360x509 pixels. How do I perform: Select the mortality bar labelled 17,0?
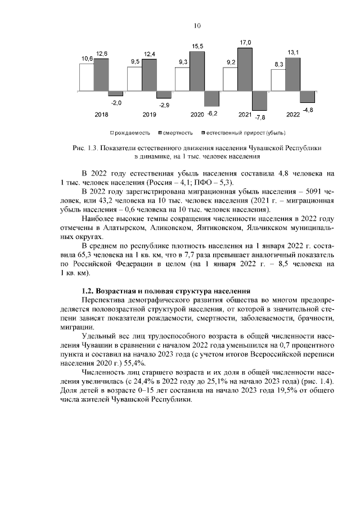245,69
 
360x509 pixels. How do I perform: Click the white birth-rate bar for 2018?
86,77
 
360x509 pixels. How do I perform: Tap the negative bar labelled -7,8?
259,101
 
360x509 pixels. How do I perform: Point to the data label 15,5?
197,46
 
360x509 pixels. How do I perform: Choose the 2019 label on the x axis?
149,115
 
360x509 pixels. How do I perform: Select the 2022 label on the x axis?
293,115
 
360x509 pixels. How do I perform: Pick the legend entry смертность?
175,133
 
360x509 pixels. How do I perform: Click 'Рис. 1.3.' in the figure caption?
85,147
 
